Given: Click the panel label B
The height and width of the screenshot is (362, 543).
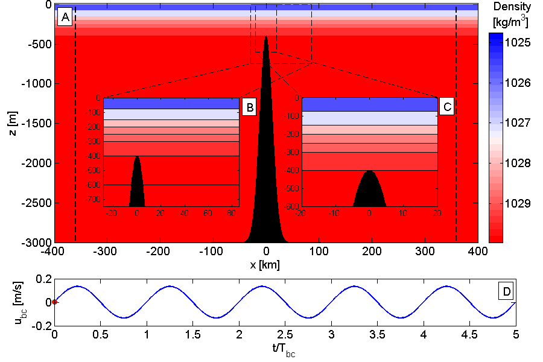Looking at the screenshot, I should (249, 107).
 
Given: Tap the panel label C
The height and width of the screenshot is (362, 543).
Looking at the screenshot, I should (447, 107).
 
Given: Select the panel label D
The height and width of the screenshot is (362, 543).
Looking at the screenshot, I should (506, 293).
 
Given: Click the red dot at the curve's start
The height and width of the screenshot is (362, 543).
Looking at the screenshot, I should (54, 302).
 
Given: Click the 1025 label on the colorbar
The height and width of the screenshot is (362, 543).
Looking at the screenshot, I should (517, 43).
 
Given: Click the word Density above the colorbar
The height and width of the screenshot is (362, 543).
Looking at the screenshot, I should (512, 7).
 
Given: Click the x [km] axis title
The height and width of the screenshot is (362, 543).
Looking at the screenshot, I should (266, 264).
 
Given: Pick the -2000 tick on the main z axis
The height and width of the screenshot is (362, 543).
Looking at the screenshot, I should (37, 163).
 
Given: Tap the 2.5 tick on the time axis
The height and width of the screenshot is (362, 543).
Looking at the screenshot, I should (285, 333).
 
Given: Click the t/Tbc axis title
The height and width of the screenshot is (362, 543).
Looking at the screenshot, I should (284, 349).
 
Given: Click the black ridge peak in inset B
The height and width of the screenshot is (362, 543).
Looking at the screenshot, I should (137, 157).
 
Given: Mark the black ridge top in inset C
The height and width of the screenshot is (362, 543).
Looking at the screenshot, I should (369, 172).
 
